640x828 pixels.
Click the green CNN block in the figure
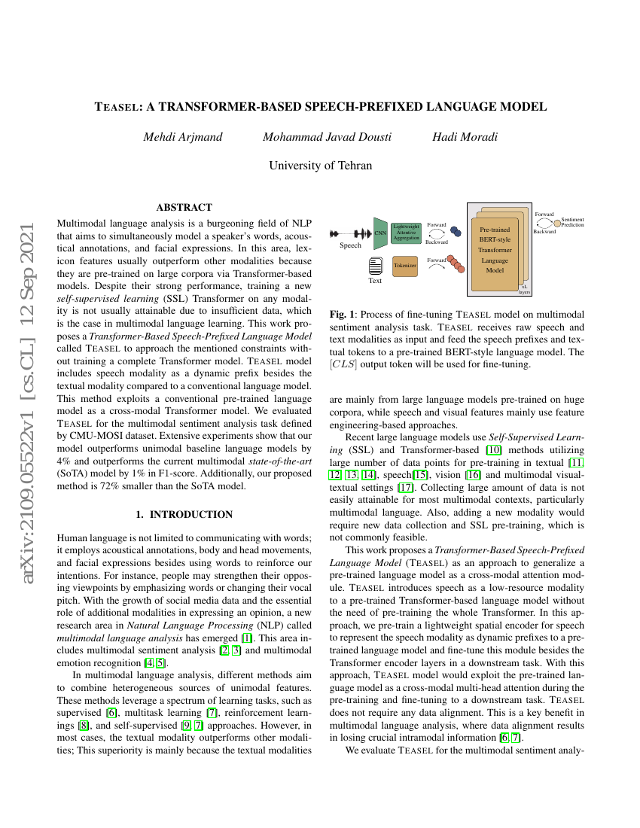pos(379,233)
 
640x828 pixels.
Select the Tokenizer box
pos(404,266)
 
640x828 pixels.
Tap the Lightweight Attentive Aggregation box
pos(406,233)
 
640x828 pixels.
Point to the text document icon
pos(374,265)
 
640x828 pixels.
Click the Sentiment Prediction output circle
pos(557,222)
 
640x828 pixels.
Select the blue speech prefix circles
pos(456,232)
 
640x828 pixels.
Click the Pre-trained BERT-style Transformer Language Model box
pos(494,249)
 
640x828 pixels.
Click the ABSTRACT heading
pos(184,207)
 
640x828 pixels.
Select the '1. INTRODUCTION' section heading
pos(184,515)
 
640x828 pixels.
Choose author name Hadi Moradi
pos(465,137)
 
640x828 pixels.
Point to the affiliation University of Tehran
pos(320,166)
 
